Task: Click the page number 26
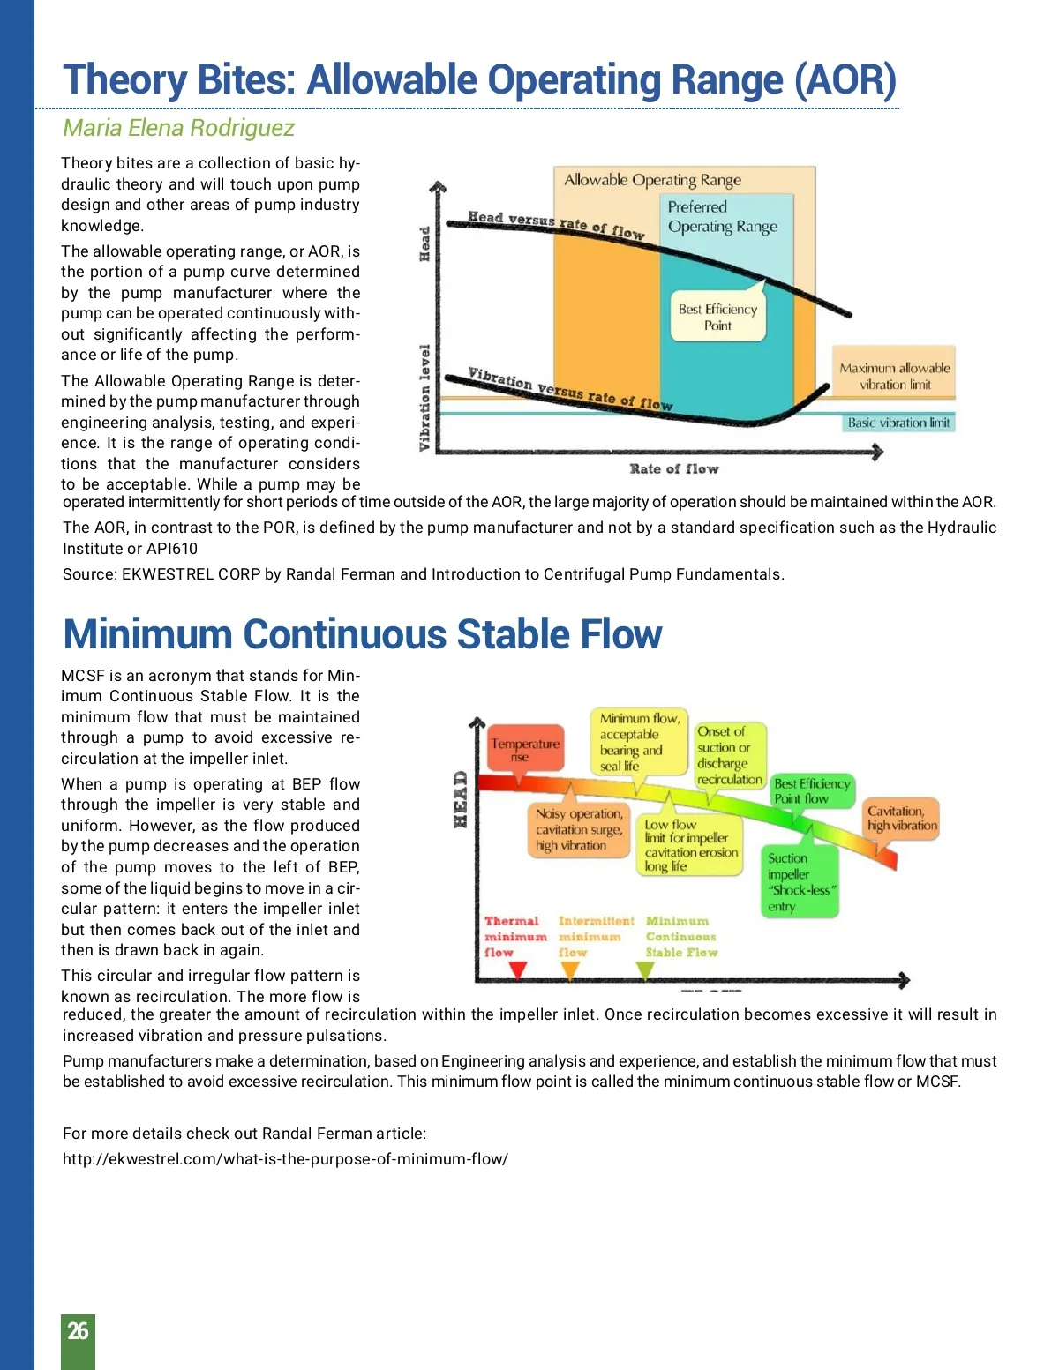(x=78, y=1330)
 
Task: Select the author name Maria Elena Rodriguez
(x=178, y=128)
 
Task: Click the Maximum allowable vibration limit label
(x=894, y=376)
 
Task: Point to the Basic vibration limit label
(x=898, y=423)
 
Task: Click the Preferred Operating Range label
(x=722, y=217)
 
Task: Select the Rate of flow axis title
(x=674, y=468)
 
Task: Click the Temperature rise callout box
(x=524, y=750)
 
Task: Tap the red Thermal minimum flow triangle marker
(x=518, y=969)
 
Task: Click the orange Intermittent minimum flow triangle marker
(x=570, y=969)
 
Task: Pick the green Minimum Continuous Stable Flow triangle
(x=645, y=969)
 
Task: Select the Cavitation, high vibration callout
(x=901, y=819)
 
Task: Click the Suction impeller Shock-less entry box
(x=799, y=882)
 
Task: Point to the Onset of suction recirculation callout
(x=729, y=755)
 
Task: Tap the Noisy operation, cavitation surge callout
(x=579, y=829)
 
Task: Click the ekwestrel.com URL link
(x=285, y=1159)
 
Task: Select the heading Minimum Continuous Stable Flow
(x=363, y=634)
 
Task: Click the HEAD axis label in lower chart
(x=460, y=799)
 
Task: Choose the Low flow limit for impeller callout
(x=690, y=846)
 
